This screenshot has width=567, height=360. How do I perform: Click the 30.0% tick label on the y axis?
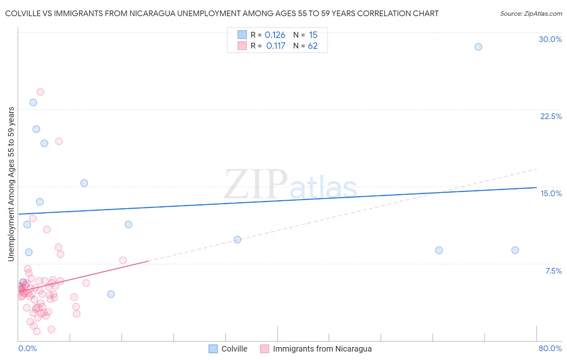pyautogui.click(x=550, y=39)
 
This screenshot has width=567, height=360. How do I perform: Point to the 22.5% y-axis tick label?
pyautogui.click(x=551, y=116)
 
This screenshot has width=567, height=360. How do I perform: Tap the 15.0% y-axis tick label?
pyautogui.click(x=551, y=193)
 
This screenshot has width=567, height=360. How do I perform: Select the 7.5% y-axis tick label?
pyautogui.click(x=553, y=271)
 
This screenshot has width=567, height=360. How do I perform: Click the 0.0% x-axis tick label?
pyautogui.click(x=27, y=348)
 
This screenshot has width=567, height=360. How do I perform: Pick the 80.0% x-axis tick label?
pyautogui.click(x=550, y=348)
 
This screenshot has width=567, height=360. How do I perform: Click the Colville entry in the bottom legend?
pyautogui.click(x=234, y=349)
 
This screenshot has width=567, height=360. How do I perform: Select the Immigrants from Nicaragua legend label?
pyautogui.click(x=322, y=349)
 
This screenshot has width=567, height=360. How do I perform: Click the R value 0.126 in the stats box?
pyautogui.click(x=275, y=35)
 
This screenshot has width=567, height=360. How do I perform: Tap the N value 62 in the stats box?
pyautogui.click(x=313, y=46)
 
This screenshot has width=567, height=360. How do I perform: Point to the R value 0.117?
pyautogui.click(x=276, y=46)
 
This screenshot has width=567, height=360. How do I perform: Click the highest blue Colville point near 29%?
pyautogui.click(x=478, y=47)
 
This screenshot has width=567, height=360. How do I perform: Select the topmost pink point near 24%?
pyautogui.click(x=40, y=92)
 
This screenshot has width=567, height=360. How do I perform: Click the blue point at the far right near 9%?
pyautogui.click(x=515, y=250)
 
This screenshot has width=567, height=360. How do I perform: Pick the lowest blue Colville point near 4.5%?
pyautogui.click(x=111, y=294)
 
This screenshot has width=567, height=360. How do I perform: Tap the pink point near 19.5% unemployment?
pyautogui.click(x=59, y=141)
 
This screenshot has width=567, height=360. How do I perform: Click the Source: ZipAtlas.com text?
pyautogui.click(x=531, y=14)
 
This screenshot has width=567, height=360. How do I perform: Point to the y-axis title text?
pyautogui.click(x=11, y=184)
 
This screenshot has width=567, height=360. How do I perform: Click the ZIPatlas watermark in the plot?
pyautogui.click(x=290, y=185)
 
